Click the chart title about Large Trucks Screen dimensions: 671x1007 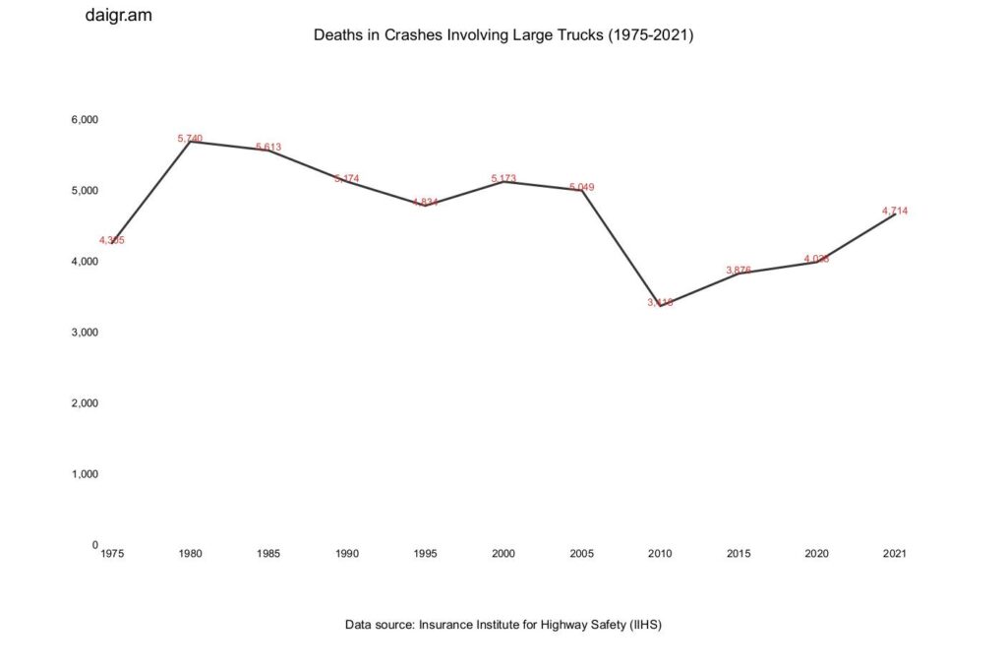[x=503, y=35]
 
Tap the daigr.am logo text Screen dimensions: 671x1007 [x=119, y=16]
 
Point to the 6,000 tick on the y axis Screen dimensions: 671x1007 [x=85, y=120]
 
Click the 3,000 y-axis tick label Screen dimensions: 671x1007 [x=85, y=333]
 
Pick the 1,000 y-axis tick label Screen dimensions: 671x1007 [x=85, y=474]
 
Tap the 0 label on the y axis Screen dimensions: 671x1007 [x=94, y=545]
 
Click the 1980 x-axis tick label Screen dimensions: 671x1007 [x=191, y=554]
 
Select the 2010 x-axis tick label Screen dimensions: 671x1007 [x=660, y=554]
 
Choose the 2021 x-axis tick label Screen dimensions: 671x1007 [x=895, y=554]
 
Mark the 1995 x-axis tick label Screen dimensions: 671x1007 [x=425, y=554]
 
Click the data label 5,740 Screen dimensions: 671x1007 [x=190, y=139]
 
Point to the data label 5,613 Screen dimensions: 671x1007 [x=268, y=148]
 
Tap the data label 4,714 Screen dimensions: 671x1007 [x=895, y=211]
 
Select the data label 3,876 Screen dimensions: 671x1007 [x=739, y=270]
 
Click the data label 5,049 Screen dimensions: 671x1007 [x=582, y=187]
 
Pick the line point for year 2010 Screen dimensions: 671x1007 [x=660, y=304]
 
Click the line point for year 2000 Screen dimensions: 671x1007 [x=503, y=181]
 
